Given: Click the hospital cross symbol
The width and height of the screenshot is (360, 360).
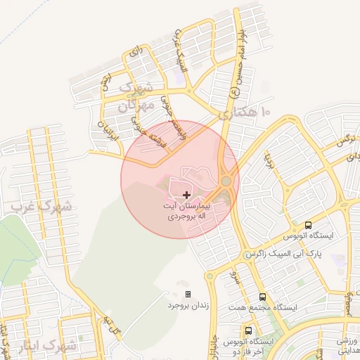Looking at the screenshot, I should click(x=186, y=194).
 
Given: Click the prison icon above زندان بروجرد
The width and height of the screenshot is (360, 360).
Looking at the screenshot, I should click(x=188, y=294).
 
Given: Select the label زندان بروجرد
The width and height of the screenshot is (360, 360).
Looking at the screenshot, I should click(x=188, y=306).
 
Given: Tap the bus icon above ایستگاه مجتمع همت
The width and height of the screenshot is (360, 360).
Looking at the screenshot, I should click(x=262, y=297).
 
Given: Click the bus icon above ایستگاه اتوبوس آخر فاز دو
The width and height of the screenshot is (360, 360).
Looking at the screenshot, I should click(x=248, y=330).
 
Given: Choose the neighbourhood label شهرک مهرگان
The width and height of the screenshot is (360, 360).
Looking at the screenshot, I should click(x=136, y=98).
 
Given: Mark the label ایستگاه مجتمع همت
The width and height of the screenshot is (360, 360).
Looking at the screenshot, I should click(x=262, y=308).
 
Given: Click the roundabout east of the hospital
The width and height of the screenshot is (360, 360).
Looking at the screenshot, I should click(x=226, y=181).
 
